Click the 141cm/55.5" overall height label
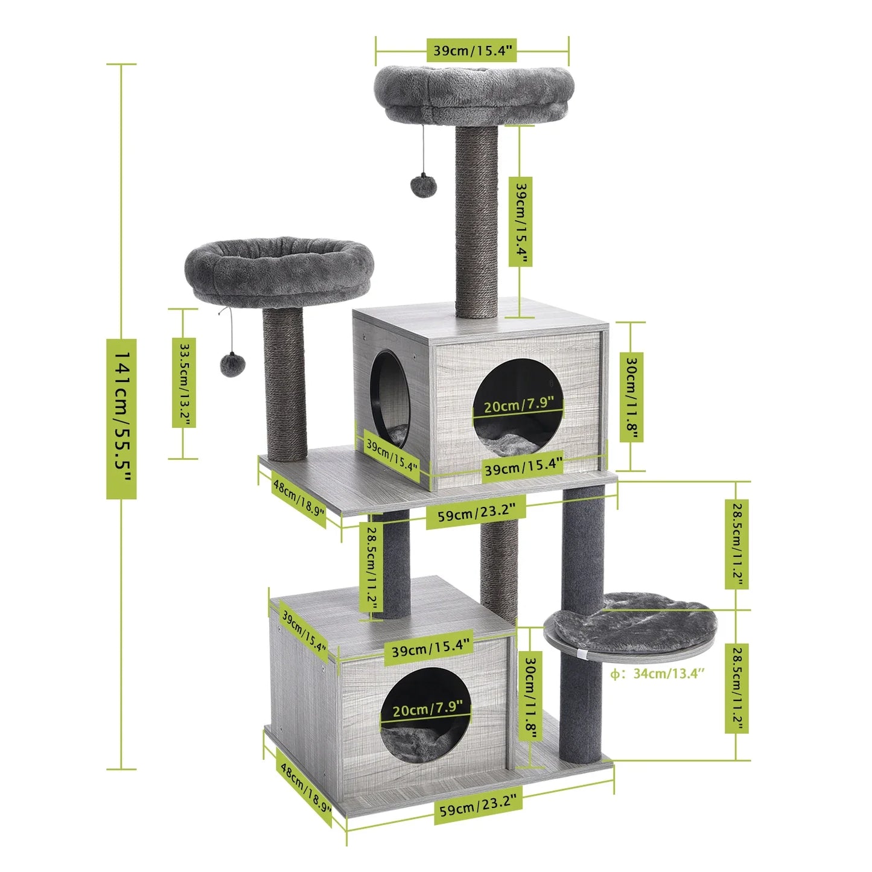tap(121, 418)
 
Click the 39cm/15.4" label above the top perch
tap(472, 50)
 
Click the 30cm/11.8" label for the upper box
tap(631, 398)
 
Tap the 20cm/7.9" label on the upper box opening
tap(518, 404)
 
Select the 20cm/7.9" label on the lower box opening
tap(427, 708)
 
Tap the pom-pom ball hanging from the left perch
tap(232, 364)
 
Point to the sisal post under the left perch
tap(285, 386)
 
